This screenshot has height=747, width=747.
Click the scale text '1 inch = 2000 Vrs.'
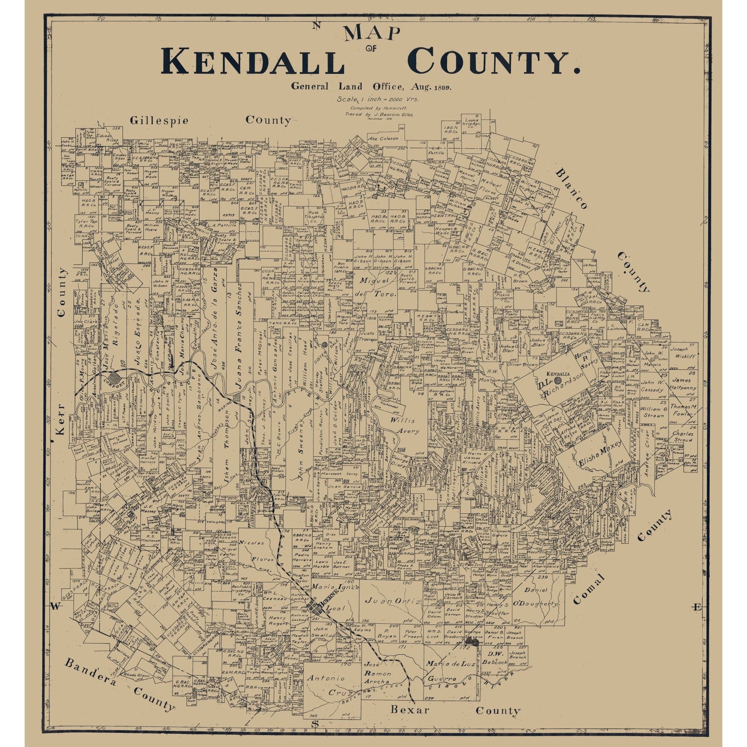point(378,99)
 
